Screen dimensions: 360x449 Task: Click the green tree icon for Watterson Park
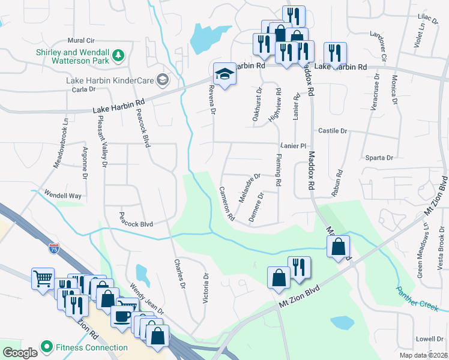[119, 55]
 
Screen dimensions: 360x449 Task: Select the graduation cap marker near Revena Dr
[224, 74]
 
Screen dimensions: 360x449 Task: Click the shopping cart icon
[43, 278]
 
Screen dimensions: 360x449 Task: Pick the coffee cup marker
[122, 317]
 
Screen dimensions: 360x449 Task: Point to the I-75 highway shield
[54, 248]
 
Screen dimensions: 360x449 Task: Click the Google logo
[20, 352]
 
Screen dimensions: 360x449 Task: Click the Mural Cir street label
[82, 40]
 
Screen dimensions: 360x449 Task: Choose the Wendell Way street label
[61, 195]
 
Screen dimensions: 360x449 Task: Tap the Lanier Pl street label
[294, 146]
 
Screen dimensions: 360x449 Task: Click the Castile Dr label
[333, 130]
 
